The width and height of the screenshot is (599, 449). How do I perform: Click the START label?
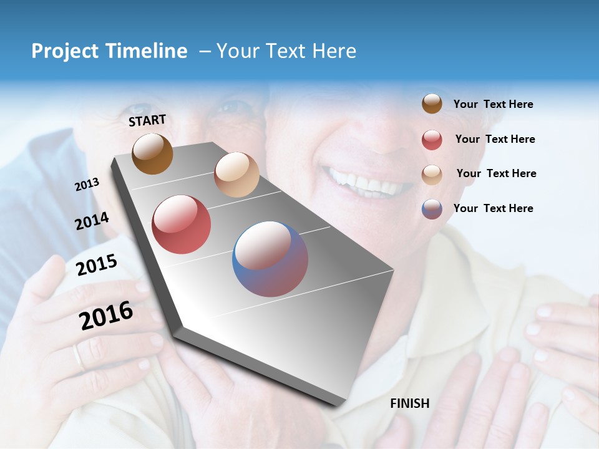tap(147, 120)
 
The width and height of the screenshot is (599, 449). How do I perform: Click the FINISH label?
tap(409, 403)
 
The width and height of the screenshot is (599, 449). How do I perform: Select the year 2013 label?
tap(87, 185)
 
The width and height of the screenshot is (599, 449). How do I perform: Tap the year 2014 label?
tap(92, 221)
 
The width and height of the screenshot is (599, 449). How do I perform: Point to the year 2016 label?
tap(106, 316)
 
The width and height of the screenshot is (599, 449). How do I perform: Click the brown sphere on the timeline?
tap(152, 153)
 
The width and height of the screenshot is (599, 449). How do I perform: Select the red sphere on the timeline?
tap(181, 224)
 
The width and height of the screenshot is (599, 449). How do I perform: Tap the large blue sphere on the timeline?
tap(270, 259)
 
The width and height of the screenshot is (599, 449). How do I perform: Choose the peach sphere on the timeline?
tap(236, 175)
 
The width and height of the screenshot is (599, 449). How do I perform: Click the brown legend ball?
tap(432, 104)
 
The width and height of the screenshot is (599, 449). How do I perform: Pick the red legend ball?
tap(432, 140)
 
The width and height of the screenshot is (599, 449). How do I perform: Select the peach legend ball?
tap(432, 174)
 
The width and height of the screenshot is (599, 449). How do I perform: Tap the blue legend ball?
tap(432, 209)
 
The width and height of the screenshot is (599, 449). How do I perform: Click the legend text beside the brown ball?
tap(493, 105)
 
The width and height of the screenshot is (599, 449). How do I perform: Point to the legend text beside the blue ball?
tap(493, 208)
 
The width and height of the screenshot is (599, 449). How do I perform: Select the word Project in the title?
tap(64, 51)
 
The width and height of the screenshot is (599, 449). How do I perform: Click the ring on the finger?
tap(77, 357)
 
